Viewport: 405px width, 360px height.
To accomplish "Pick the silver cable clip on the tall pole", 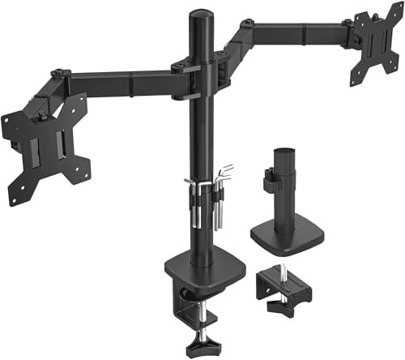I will coord(195,195).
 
